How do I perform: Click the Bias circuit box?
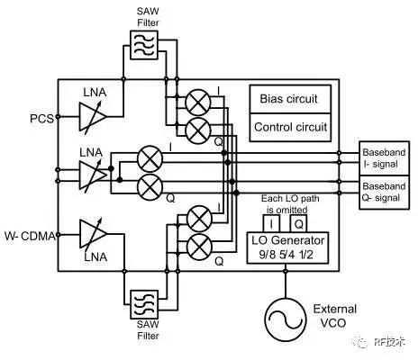[x=290, y=99]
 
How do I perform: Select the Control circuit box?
[x=290, y=127]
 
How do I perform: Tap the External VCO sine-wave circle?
[x=286, y=319]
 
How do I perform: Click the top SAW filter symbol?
[x=144, y=45]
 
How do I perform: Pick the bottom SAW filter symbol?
[x=144, y=304]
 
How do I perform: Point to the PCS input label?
[x=41, y=119]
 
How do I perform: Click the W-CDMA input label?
[x=30, y=236]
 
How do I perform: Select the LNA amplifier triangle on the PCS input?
[x=93, y=117]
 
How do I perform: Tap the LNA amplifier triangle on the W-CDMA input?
[x=93, y=234]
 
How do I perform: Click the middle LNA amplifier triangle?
[x=93, y=175]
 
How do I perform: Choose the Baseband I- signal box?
[x=385, y=158]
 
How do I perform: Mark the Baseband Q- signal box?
[x=385, y=193]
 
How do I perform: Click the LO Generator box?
[x=287, y=247]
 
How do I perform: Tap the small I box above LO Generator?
[x=271, y=223]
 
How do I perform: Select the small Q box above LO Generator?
[x=298, y=223]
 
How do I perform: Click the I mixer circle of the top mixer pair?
[x=198, y=103]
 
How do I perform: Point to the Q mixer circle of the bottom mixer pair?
[x=199, y=247]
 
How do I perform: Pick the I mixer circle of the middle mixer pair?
[x=150, y=158]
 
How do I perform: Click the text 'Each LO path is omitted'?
[x=289, y=204]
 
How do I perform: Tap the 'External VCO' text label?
[x=334, y=316]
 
